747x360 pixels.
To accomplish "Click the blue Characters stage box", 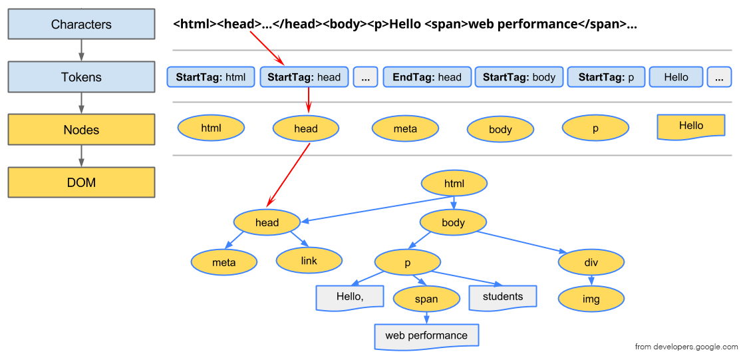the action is (x=81, y=24).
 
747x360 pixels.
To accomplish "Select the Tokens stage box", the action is (x=81, y=77).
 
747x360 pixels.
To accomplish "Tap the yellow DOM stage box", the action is (x=81, y=182).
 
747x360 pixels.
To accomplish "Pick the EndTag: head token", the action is (x=427, y=77).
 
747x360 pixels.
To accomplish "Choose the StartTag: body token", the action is (x=519, y=77).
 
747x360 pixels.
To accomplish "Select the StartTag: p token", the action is (x=606, y=77).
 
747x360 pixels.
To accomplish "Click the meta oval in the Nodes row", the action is (x=405, y=128).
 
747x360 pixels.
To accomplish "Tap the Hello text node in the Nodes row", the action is (x=690, y=126).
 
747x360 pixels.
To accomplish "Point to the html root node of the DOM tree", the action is (x=454, y=184).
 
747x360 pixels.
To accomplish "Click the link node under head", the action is (x=309, y=261).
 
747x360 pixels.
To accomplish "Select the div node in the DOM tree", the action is (x=591, y=262).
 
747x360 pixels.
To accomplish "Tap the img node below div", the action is (x=591, y=299).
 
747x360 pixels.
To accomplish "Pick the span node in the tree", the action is (x=426, y=299).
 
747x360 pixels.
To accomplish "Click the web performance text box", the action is (x=426, y=335).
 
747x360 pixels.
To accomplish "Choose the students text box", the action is (x=503, y=297).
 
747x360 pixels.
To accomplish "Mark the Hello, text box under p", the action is (x=350, y=297).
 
